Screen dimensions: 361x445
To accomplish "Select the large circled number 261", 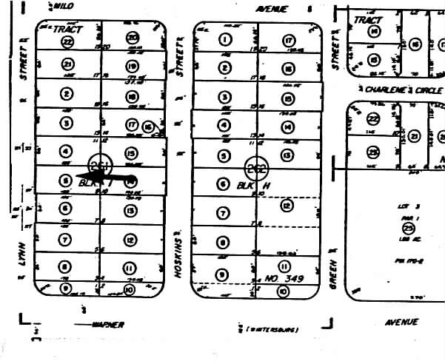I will [98, 165].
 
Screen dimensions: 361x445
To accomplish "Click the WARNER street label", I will [107, 325].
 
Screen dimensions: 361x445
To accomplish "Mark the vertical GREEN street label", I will [333, 273].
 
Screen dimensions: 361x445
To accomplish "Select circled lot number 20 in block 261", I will [132, 38].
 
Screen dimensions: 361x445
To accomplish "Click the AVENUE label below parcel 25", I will [401, 323].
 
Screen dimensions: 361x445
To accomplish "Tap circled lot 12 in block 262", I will [287, 208].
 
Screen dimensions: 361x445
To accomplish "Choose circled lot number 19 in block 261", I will [133, 67].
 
